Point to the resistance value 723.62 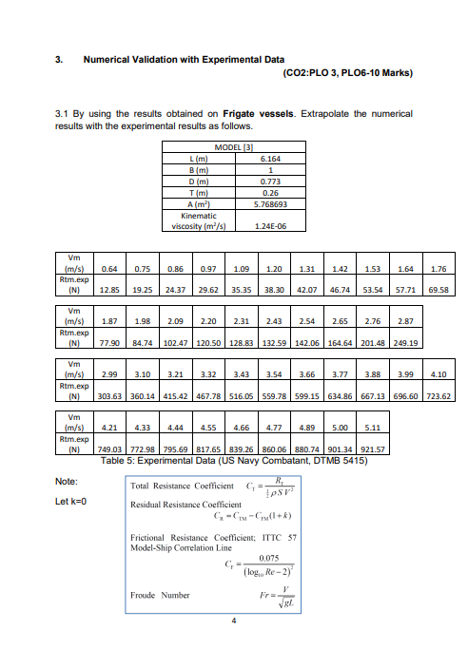pos(439,396)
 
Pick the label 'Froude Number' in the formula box pos(156,596)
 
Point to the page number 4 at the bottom pos(233,623)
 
